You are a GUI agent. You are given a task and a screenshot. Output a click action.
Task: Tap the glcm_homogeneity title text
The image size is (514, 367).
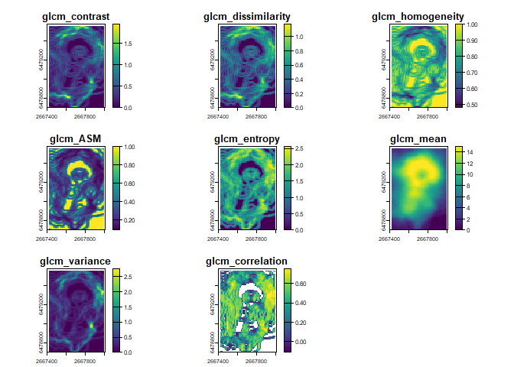(x=415, y=16)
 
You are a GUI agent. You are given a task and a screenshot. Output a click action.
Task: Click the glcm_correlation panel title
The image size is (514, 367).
(x=247, y=261)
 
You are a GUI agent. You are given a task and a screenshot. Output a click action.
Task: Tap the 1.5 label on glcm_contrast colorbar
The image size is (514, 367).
(x=128, y=44)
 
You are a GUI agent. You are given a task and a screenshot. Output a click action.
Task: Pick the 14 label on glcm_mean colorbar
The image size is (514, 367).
(x=469, y=151)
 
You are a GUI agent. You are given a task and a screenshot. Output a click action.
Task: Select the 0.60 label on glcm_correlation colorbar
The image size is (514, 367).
(x=301, y=283)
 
